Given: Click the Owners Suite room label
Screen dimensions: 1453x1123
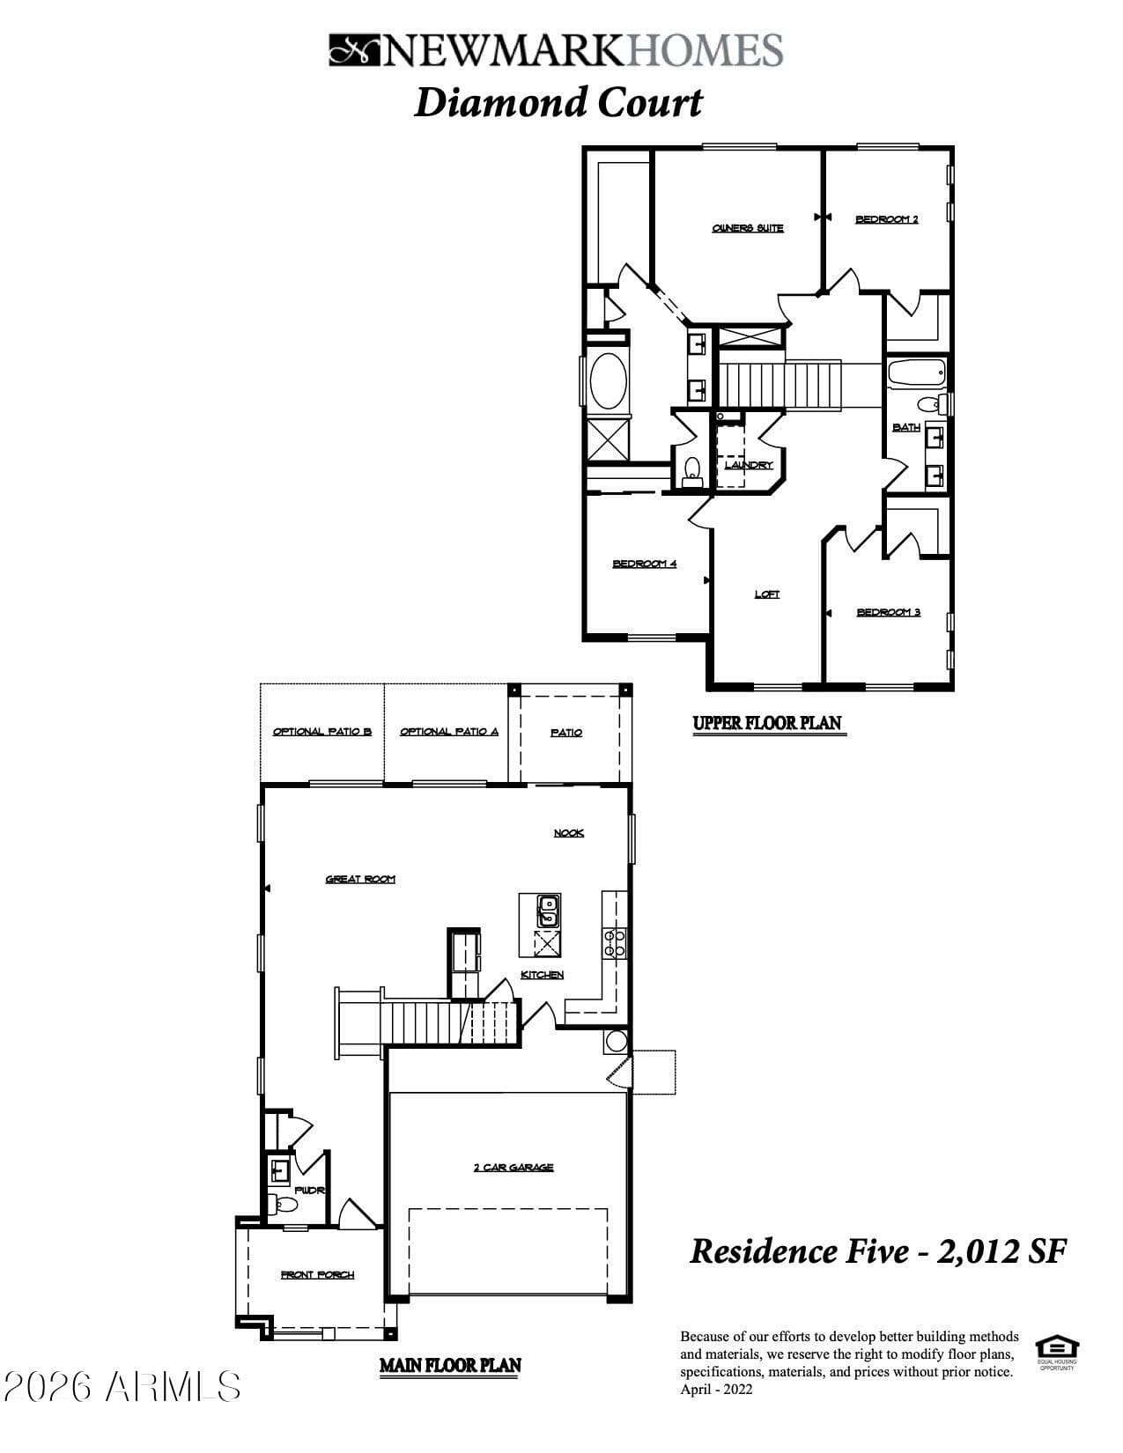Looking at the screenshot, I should tap(748, 228).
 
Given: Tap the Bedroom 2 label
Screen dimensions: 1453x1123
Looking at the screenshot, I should tap(886, 219).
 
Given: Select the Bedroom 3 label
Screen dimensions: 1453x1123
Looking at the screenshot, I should tap(888, 612).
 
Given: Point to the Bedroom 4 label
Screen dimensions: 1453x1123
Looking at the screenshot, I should tap(645, 564).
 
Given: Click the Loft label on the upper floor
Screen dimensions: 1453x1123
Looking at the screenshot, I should tap(766, 594).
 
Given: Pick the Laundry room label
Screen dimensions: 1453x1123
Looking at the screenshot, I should tap(749, 465).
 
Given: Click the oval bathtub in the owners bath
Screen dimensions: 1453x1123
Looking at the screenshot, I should tap(608, 380).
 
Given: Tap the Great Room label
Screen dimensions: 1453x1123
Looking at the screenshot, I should tap(360, 879).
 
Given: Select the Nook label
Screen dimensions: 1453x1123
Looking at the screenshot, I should tap(568, 833).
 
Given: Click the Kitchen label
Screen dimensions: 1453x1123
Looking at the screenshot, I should tap(543, 975).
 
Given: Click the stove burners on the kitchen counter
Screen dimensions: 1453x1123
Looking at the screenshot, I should tap(614, 942).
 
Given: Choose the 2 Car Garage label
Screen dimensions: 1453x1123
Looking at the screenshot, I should tap(513, 1168).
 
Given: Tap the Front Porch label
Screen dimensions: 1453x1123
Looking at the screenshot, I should tap(317, 1274).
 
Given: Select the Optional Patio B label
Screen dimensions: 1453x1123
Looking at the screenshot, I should tap(322, 732).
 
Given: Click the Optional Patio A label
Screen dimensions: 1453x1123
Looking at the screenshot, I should tap(449, 732).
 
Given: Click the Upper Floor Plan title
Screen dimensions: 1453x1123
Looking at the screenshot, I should tap(767, 724).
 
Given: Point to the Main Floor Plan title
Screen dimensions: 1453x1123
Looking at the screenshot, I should tap(450, 1366).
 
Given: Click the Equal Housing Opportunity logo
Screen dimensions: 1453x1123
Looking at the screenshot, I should tap(1057, 1350).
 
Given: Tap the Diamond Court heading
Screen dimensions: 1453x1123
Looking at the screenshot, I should tap(558, 102).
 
